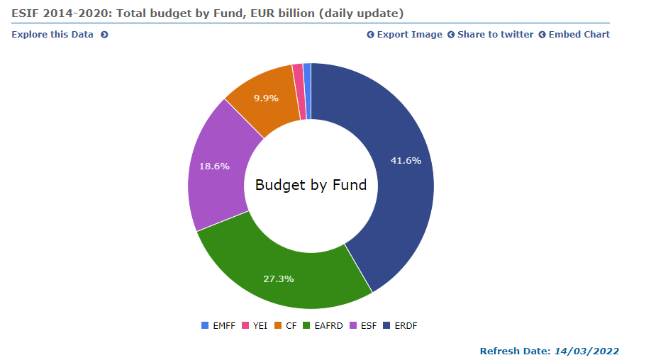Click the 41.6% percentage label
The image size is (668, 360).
point(406,160)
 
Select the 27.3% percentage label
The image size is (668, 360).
point(278,279)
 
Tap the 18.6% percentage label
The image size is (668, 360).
point(213,166)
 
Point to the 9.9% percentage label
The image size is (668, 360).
point(266,98)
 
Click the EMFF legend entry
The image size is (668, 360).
point(216,326)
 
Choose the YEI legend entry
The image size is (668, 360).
point(255,326)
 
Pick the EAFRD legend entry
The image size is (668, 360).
point(323,326)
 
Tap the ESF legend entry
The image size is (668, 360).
point(363,326)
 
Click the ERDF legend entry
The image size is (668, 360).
point(401,326)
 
